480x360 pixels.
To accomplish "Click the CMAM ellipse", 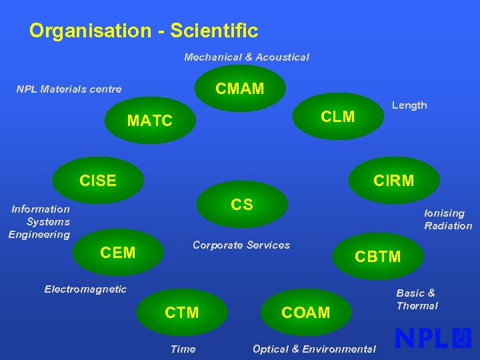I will coord(240,88).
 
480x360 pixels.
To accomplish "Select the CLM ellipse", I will coord(338,117).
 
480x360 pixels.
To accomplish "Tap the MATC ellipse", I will coord(150,121).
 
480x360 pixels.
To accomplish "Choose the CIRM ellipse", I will coord(394,180).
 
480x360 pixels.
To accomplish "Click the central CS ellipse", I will coord(241,204).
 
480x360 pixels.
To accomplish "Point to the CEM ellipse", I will coord(118,252).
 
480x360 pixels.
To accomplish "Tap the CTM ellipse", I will coord(182,312).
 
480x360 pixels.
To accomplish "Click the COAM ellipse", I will coord(305,312).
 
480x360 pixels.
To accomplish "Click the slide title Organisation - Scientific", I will coord(143,31).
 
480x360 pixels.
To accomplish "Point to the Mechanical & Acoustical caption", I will coord(247,57).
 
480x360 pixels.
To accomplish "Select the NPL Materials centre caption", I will coord(69,89).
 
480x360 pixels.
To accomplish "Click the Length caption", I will coord(409,105).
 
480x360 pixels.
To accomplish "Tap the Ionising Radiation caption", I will coord(447,219).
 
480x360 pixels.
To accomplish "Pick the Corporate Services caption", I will coord(241,245).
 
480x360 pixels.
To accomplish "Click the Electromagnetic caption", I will coord(85,289).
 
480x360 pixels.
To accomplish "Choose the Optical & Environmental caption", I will coord(314,349).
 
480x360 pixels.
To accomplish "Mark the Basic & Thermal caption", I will coord(417,299).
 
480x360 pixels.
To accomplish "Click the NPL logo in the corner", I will coord(433,339).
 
